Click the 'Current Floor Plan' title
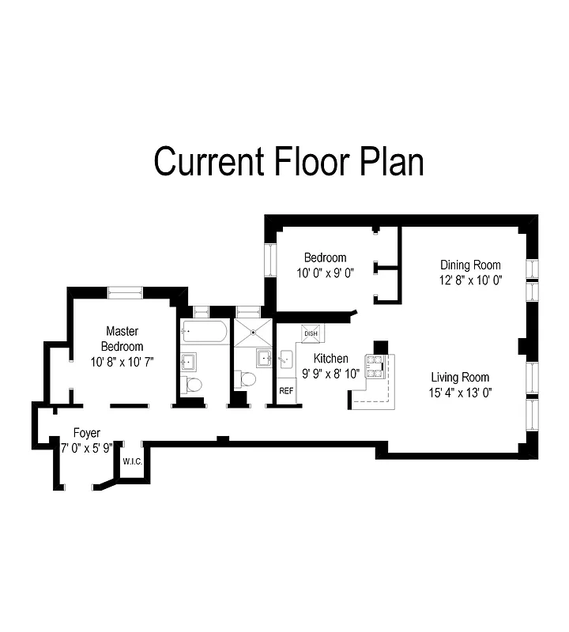pos(288,161)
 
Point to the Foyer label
pos(86,433)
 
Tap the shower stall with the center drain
pos(253,333)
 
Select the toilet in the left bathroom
pos(191,385)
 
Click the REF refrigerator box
pos(285,390)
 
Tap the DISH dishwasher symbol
pos(311,333)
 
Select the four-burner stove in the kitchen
pos(373,365)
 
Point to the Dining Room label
pos(470,265)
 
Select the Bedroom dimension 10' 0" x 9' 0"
pos(325,274)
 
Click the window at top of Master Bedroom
pos(126,293)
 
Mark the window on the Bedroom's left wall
pos(269,260)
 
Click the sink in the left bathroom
pos(190,363)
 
